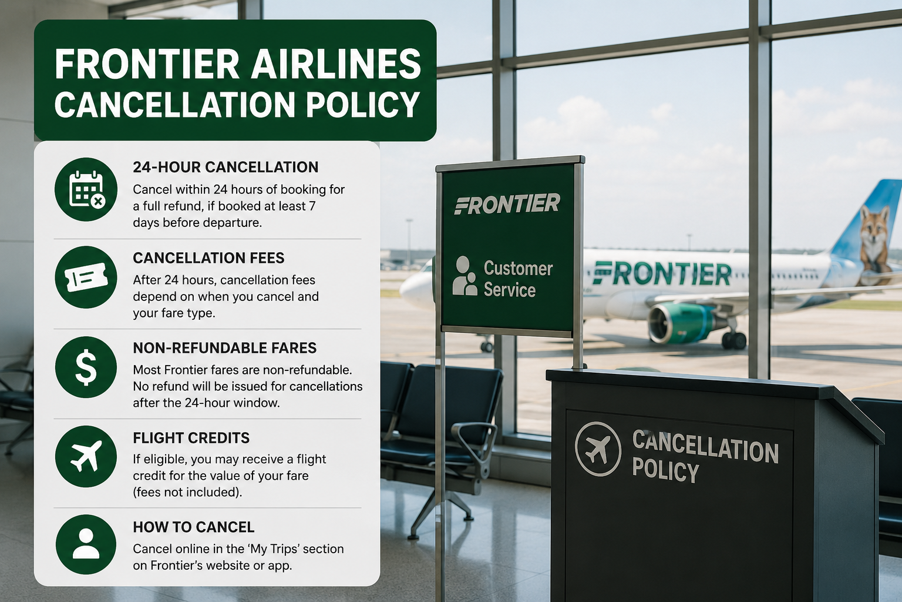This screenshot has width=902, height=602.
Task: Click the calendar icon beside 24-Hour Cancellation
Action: point(86,189)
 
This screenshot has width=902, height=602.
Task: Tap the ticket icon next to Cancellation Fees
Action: point(86,277)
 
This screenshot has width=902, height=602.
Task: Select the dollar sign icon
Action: point(86,367)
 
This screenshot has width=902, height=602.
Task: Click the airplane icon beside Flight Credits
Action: point(86,456)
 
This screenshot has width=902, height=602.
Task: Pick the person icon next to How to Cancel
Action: point(86,544)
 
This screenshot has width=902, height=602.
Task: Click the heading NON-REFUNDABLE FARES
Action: point(225,348)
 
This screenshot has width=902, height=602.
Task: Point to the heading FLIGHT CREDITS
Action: point(191,438)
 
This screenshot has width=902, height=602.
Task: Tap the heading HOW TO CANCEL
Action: point(194,527)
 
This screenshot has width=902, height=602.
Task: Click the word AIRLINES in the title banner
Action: point(336,64)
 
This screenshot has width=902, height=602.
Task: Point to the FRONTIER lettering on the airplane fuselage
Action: point(662,273)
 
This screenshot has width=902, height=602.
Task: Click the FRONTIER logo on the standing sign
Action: point(507,203)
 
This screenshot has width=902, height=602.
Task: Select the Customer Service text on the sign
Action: point(519,279)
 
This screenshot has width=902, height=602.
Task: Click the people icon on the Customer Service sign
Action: point(465,276)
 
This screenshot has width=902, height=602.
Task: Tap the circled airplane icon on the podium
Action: point(598,449)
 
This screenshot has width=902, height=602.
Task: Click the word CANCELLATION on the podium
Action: point(705,447)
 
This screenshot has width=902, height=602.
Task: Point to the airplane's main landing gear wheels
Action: point(733,340)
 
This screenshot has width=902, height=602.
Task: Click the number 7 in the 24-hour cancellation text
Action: point(312,206)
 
